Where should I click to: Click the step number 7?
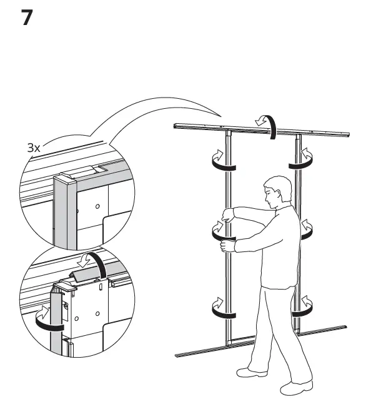(x=27, y=18)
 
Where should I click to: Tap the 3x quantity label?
(x=33, y=148)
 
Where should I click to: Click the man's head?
(x=276, y=191)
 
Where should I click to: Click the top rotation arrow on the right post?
(x=302, y=159)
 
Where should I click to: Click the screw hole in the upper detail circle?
(x=97, y=205)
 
